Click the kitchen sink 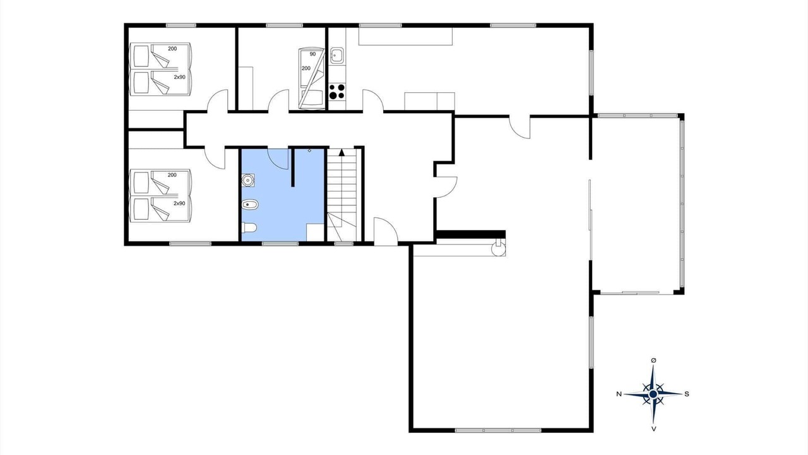[337, 56]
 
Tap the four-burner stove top [337, 92]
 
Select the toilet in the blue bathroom [249, 228]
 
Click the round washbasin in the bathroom [248, 180]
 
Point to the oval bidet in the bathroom [249, 205]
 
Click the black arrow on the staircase [342, 152]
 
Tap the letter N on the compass [619, 394]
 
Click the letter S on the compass [687, 394]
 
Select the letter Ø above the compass [653, 360]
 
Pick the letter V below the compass [653, 429]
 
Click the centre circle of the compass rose [653, 394]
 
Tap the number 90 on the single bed [312, 54]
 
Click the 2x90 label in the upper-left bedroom [179, 77]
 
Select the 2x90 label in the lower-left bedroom [179, 203]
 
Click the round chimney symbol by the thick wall [499, 249]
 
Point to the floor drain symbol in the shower [309, 150]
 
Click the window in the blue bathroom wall [280, 244]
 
